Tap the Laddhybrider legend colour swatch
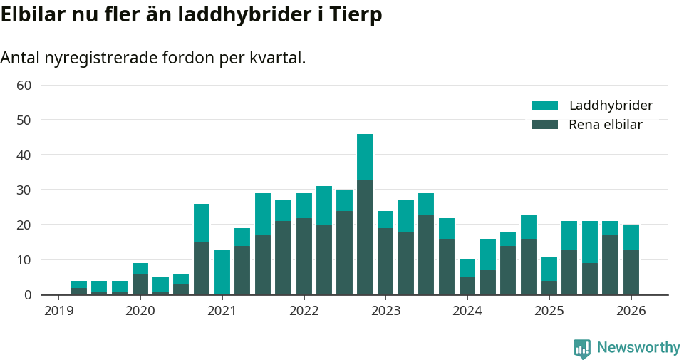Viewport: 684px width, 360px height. (544, 106)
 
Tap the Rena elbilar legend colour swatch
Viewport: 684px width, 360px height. (544, 125)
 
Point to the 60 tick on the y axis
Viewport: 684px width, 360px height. (24, 86)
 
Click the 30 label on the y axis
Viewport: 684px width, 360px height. (24, 190)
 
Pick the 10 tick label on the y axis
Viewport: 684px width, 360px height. (24, 260)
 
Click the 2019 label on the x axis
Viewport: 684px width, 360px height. (58, 311)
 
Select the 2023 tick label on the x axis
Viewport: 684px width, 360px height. (385, 311)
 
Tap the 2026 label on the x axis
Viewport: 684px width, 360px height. (631, 311)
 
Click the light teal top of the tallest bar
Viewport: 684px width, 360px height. (365, 157)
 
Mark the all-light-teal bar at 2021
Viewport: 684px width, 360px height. (222, 272)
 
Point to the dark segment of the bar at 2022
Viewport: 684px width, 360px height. (304, 257)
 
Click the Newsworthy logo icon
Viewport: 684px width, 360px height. (582, 348)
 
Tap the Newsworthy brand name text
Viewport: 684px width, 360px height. (638, 348)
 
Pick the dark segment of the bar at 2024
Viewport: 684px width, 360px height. (467, 286)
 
